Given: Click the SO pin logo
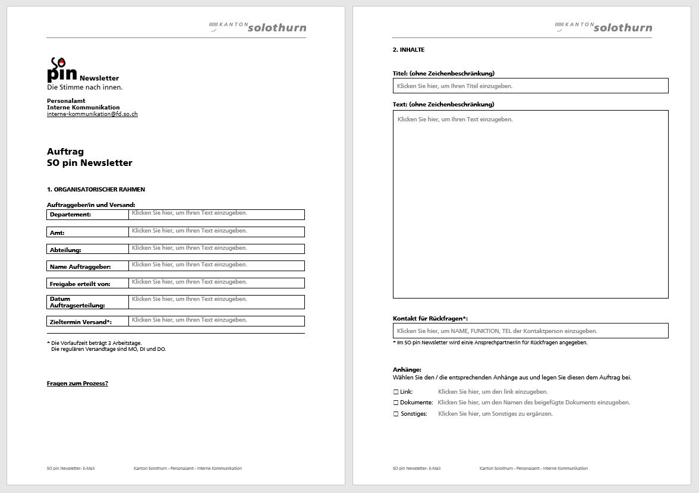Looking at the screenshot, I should (x=62, y=70).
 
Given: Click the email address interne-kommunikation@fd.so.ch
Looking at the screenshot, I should (x=92, y=114).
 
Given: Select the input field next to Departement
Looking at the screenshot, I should (x=216, y=214).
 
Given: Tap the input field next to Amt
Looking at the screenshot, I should (x=216, y=232).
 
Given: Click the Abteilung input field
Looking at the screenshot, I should (x=216, y=249).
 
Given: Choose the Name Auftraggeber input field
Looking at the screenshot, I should (x=216, y=266).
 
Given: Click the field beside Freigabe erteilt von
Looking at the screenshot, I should (x=216, y=283).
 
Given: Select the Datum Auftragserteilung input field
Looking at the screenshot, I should (x=216, y=302).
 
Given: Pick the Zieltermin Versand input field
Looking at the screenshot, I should (x=216, y=321).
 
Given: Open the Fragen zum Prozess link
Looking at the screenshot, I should (x=77, y=384).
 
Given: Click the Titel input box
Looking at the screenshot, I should (x=530, y=86).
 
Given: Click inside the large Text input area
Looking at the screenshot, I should (x=530, y=204).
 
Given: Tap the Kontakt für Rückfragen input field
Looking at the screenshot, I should (x=530, y=331).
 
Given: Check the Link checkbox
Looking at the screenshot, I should (x=396, y=392).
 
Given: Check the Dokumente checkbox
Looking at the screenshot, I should (x=396, y=403).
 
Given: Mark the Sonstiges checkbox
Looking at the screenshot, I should (x=396, y=414).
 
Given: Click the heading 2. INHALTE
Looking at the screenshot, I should (x=408, y=50).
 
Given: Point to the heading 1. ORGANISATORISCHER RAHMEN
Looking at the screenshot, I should (x=96, y=190).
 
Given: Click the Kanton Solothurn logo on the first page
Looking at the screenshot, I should (x=258, y=27).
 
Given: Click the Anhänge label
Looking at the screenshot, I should (x=407, y=370).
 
